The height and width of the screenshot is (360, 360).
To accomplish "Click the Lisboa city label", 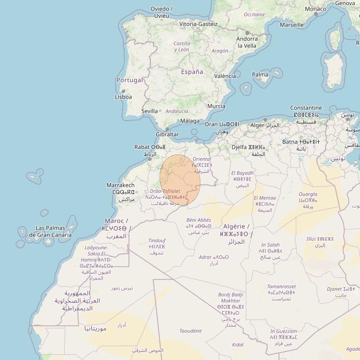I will point(123,97).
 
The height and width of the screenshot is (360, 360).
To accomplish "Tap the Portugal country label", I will point(130,80).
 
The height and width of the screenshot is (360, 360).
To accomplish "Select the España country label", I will point(192,72).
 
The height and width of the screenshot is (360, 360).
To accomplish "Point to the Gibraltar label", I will point(167,135).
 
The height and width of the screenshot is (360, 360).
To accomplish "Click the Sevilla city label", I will point(149,111).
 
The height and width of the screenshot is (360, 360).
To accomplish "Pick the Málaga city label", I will point(190,121).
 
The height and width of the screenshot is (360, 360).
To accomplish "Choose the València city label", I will point(225,76).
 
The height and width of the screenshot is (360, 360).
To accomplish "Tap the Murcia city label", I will point(216,106).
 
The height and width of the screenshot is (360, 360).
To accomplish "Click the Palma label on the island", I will point(260,74).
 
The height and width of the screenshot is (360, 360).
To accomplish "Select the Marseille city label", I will point(292,25).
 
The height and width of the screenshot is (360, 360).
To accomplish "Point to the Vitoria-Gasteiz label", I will point(198,24).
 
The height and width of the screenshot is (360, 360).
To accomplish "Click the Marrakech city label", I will point(120,185).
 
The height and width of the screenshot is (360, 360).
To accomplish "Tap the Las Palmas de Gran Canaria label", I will point(50,232).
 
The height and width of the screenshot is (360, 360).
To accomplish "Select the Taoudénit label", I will point(190,331).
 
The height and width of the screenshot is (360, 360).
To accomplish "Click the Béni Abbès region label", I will point(198,220).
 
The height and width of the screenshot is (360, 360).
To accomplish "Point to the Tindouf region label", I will point(157,240).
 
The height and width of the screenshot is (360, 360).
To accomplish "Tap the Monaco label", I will point(315,9).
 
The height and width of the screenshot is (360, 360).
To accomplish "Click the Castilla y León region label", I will point(182,46).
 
